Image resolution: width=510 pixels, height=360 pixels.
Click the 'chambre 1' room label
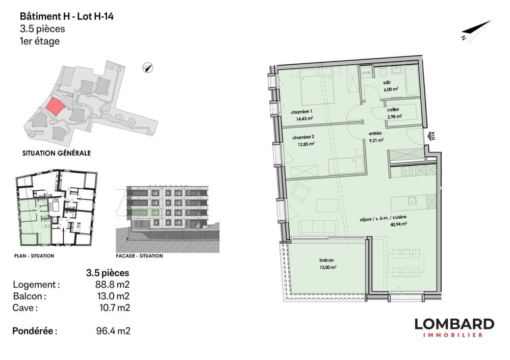(301, 112)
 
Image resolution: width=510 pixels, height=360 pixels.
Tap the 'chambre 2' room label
(301, 136)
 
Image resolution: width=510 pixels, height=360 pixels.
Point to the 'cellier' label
(394, 109)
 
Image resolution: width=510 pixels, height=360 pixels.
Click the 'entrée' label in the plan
(376, 133)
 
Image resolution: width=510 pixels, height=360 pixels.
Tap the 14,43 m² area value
(304, 118)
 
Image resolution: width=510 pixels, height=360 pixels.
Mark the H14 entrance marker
(432, 136)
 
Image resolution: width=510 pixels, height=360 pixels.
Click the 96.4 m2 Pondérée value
(113, 331)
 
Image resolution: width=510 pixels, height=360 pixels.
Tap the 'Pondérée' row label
(34, 331)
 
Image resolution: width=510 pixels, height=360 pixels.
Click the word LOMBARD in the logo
(454, 324)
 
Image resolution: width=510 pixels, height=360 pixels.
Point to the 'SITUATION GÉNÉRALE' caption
(57, 152)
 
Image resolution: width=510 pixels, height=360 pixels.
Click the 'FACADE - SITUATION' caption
(140, 255)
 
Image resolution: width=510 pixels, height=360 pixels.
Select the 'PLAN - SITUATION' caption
(35, 255)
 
